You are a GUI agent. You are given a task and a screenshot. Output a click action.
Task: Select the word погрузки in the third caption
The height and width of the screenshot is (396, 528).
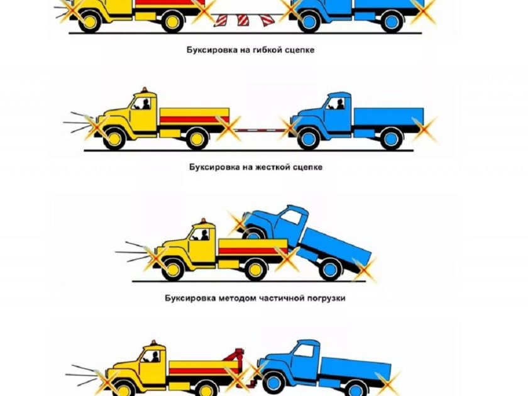326,298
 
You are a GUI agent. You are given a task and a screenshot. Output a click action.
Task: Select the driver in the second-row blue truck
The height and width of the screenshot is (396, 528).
340,104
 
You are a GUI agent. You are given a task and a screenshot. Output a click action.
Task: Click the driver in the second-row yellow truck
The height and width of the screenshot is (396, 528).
145,104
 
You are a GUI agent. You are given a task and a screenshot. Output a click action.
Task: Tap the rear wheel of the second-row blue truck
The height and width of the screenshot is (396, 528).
391,138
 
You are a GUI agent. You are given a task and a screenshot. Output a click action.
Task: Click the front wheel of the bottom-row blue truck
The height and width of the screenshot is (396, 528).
274,382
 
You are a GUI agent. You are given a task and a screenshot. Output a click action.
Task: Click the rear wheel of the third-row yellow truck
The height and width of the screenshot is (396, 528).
255,269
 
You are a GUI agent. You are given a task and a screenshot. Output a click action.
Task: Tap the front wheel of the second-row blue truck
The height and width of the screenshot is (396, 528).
309,138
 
